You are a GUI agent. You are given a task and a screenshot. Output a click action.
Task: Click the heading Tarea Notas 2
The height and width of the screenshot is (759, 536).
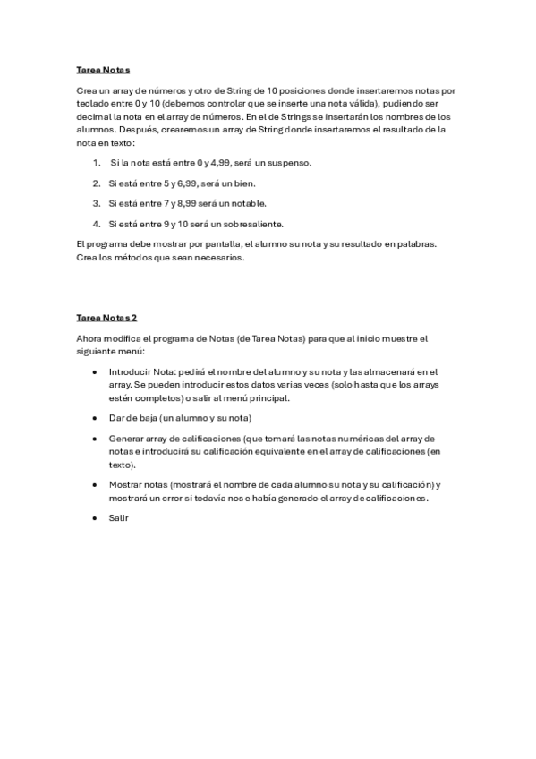(x=106, y=317)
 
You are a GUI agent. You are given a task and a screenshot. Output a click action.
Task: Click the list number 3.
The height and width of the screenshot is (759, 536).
(x=96, y=203)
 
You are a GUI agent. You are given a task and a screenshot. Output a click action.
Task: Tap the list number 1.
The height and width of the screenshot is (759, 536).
(x=96, y=162)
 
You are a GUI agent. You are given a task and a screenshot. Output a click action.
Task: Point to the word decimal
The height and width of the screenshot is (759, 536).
(x=94, y=116)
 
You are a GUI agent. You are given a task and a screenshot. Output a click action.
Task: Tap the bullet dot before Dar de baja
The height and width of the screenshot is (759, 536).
(x=96, y=418)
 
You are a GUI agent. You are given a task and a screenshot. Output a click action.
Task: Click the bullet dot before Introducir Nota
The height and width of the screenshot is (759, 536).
(x=96, y=371)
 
